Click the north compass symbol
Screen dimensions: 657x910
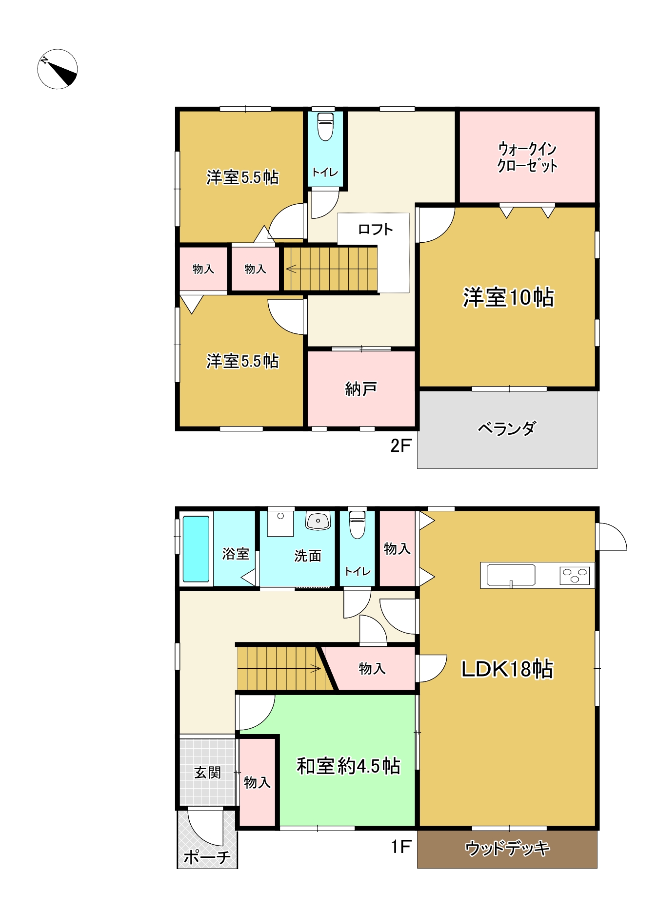[x=58, y=69]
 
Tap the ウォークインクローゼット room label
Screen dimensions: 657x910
[x=527, y=157]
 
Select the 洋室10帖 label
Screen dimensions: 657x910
[x=508, y=297]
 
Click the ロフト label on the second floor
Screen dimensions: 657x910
[x=375, y=229]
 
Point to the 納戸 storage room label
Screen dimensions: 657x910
[x=361, y=389]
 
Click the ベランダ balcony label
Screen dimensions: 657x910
[x=507, y=428]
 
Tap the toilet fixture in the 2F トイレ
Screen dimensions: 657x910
[x=325, y=127]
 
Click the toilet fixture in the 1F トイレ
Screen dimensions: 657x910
[x=358, y=524]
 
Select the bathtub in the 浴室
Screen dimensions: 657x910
[x=196, y=549]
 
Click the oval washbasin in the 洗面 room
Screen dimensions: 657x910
[x=318, y=521]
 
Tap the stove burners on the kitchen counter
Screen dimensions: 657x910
[x=575, y=576]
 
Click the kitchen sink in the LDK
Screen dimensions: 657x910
[x=511, y=575]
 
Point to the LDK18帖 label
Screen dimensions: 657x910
[x=507, y=669]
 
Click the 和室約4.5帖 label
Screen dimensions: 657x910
[x=349, y=766]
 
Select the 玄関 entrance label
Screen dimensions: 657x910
[x=208, y=773]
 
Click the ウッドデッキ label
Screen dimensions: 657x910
[x=507, y=849]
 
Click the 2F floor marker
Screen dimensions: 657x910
[x=401, y=445]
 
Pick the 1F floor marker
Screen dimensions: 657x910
[x=401, y=847]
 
